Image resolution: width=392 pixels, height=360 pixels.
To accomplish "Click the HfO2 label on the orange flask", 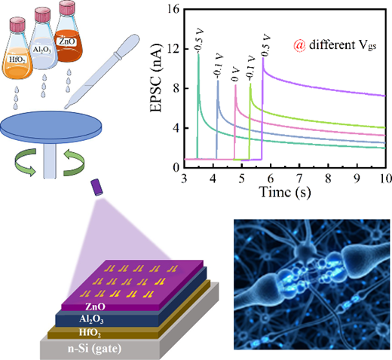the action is click(17, 59).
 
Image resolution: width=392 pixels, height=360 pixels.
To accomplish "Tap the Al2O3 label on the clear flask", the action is click(42, 50).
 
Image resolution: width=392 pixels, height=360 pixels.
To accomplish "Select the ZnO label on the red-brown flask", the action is click(67, 41).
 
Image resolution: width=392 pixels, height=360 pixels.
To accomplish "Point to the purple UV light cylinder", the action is click(97, 188).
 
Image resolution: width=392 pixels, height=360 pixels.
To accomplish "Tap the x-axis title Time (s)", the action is click(285, 192).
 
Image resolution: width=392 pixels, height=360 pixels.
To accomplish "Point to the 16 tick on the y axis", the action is click(175, 10).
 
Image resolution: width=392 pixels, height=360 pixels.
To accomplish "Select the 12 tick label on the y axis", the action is click(175, 49).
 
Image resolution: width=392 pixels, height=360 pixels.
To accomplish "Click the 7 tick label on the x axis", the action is click(299, 178).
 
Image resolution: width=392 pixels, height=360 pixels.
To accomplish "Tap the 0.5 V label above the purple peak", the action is click(265, 45).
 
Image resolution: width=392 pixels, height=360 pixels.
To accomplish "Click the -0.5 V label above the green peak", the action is click(199, 41).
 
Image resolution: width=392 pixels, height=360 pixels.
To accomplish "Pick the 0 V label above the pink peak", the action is click(235, 74).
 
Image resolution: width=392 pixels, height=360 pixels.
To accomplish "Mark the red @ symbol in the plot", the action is click(299, 45).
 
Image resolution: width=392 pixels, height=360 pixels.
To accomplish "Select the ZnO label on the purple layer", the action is click(95, 307).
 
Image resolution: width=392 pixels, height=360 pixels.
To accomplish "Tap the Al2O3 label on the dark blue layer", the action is click(91, 319).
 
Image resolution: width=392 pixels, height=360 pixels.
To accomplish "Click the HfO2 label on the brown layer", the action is click(90, 332).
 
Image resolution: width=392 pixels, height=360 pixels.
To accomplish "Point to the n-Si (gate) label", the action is click(94, 349).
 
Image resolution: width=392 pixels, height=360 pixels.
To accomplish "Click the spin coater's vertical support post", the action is click(50, 160).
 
